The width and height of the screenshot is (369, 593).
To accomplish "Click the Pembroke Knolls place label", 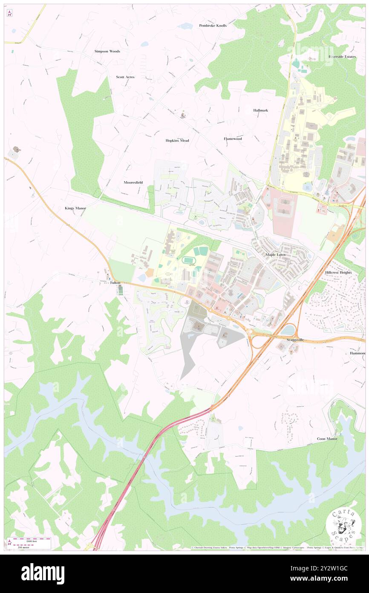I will click(213, 26).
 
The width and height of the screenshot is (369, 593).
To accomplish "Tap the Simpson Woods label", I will click(107, 51).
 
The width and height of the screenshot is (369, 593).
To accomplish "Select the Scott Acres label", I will click(125, 77).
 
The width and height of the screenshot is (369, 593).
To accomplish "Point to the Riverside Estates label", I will click(342, 56).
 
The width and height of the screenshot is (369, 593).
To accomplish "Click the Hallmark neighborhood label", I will click(260, 110).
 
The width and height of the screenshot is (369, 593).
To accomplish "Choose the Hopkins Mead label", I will click(177, 140).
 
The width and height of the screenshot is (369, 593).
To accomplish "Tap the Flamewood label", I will click(233, 139).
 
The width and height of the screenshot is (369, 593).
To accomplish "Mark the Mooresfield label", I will click(133, 182).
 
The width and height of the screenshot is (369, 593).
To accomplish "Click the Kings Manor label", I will click(75, 208).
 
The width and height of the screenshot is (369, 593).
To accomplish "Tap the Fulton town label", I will click(115, 283).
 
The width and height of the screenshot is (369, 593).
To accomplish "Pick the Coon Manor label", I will click(327, 439).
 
